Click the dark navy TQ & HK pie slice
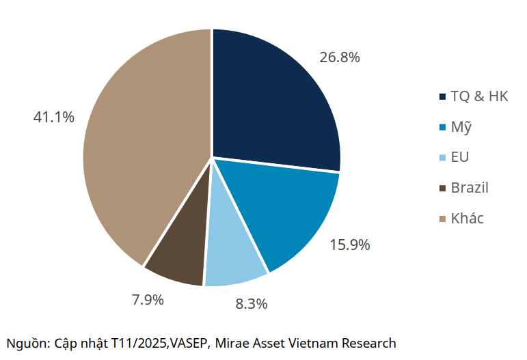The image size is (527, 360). coord(273,102)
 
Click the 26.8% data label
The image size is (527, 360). coord(340,57)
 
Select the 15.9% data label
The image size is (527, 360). coord(349,245)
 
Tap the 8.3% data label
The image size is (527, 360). coord(251,304)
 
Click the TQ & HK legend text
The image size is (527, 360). coord(479,96)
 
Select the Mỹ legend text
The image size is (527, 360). coord(461,127)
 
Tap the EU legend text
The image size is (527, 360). coord(459,158)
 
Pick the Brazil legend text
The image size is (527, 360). coord(470,188)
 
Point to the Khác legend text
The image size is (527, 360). coord(467,219)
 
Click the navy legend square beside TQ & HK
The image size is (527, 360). coord(442,97)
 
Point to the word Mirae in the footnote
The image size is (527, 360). coord(232,343)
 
